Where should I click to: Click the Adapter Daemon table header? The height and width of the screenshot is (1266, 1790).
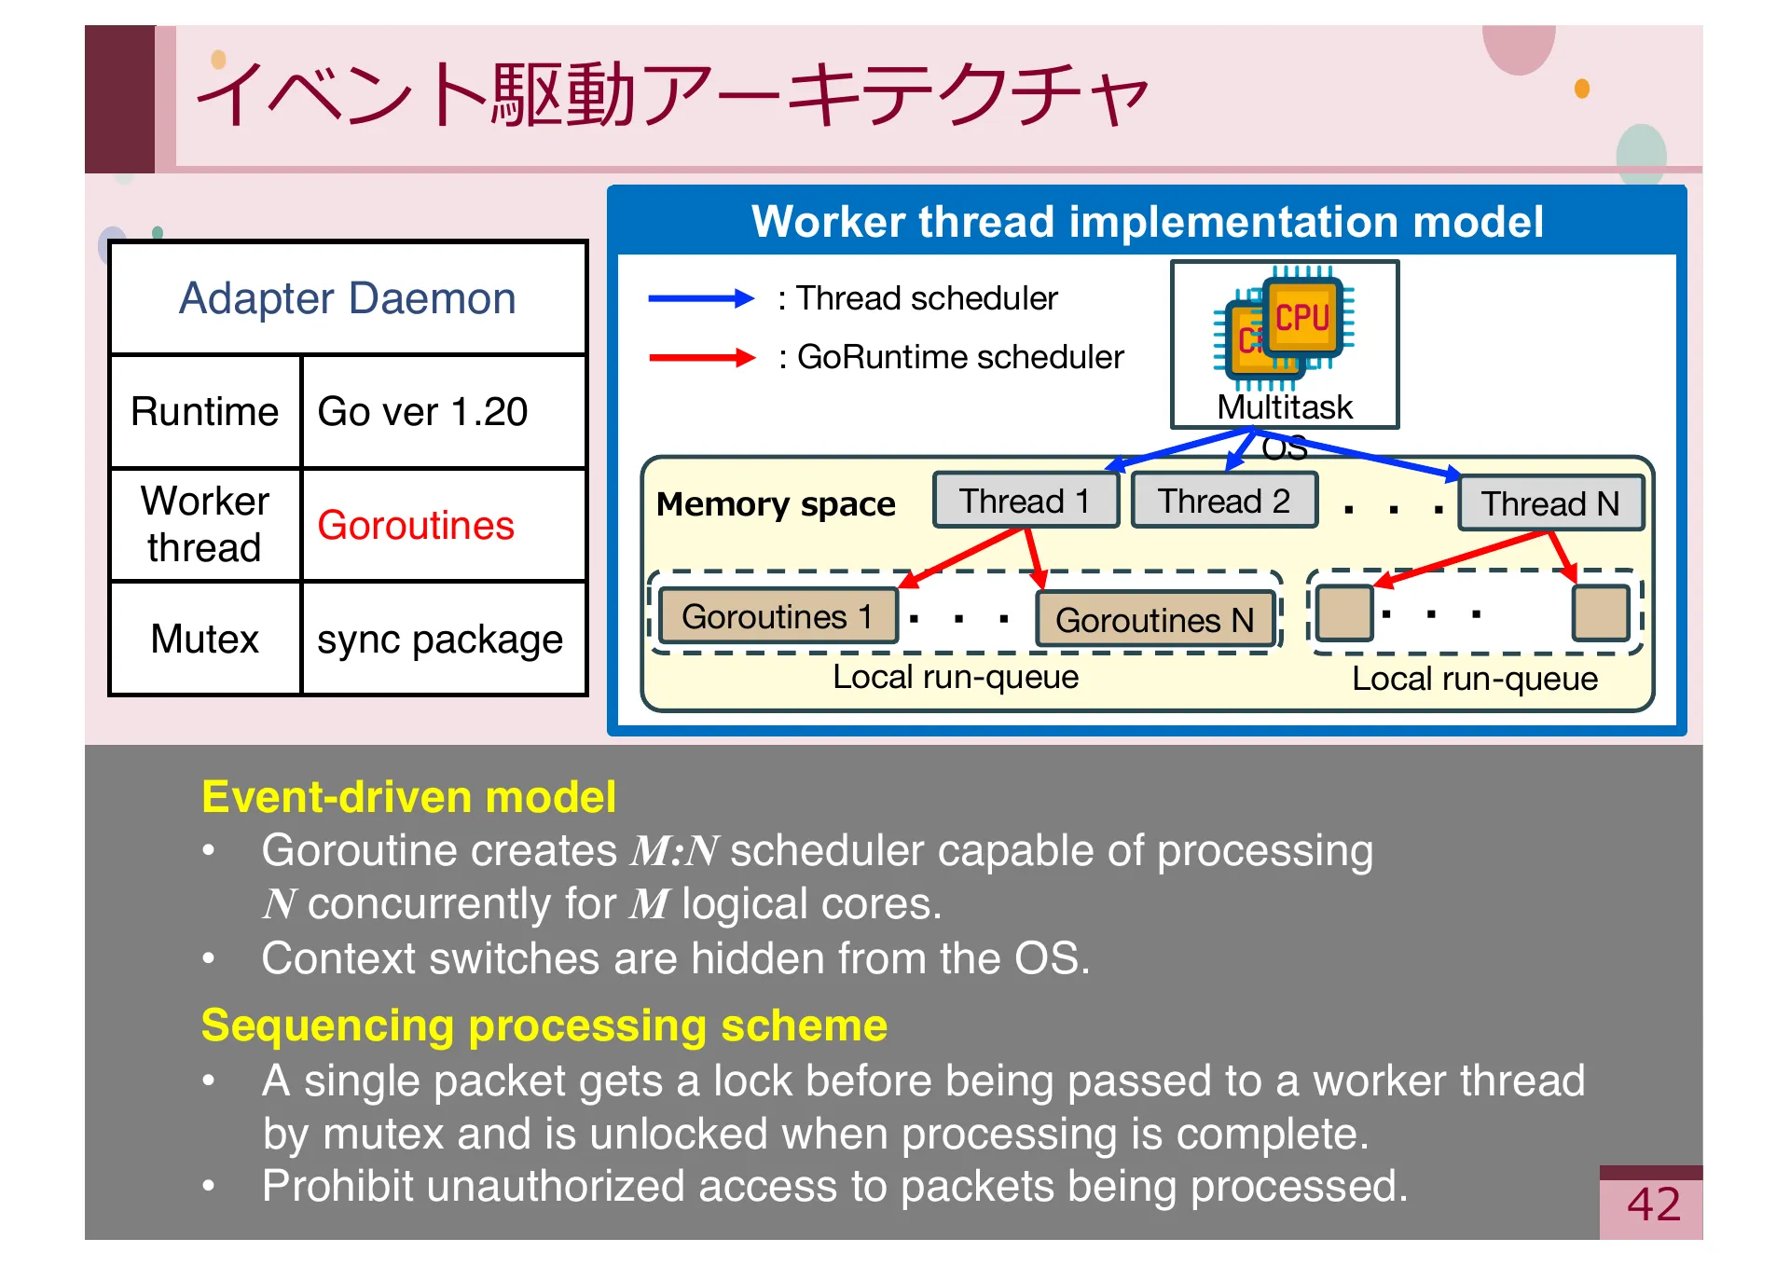click(347, 298)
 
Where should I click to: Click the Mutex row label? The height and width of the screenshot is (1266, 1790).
click(205, 640)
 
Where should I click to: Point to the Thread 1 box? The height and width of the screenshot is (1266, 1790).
click(1025, 502)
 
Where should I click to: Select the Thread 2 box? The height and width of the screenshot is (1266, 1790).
click(1223, 502)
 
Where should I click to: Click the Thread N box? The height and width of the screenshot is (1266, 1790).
click(1549, 504)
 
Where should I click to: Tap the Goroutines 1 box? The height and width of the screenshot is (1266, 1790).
click(777, 617)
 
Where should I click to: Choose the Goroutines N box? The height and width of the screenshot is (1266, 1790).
click(1154, 620)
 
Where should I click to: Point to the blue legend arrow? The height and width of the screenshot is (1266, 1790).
click(700, 298)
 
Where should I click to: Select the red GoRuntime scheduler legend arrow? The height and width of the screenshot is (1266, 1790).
click(700, 357)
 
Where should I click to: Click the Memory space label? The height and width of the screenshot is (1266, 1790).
click(775, 504)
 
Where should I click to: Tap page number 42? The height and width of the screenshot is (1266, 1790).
click(1653, 1204)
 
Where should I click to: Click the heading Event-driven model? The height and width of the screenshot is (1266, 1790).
click(408, 797)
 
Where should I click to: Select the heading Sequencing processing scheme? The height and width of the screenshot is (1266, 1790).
click(544, 1025)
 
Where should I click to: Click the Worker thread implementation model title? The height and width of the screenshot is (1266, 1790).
click(1147, 222)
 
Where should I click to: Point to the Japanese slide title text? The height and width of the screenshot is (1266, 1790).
click(671, 95)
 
